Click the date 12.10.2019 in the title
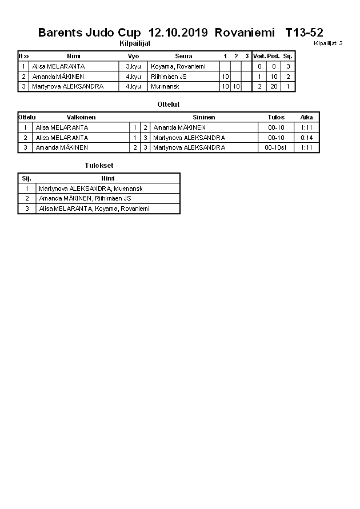tap(179, 33)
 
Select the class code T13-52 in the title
tap(304, 33)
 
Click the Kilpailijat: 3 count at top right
tap(328, 43)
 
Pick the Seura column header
tap(183, 57)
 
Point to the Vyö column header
tap(133, 57)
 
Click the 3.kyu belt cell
tap(133, 66)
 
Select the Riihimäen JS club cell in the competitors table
tap(169, 77)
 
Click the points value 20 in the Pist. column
tap(274, 86)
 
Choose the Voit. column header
tap(259, 57)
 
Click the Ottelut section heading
tap(168, 105)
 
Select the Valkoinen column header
tap(81, 117)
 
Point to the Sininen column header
tap(204, 117)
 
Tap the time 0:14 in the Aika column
tap(307, 138)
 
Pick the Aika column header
tap(307, 117)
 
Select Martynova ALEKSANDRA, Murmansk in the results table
tap(90, 189)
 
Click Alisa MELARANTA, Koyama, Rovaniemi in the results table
tap(94, 209)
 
